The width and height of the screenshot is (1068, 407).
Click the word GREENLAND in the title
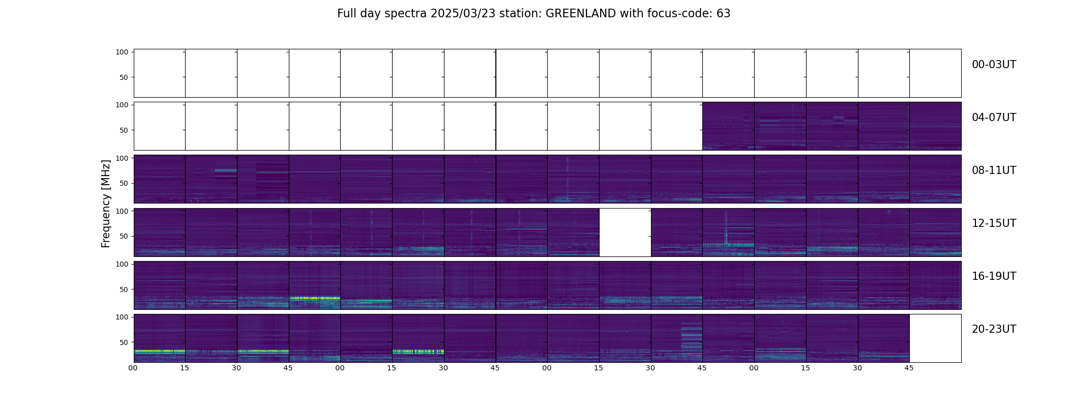point(580,14)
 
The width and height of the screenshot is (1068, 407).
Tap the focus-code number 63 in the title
point(723,14)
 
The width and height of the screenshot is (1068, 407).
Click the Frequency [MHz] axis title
point(106,203)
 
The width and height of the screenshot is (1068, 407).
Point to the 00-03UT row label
point(994,65)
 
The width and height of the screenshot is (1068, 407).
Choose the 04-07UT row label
point(994,118)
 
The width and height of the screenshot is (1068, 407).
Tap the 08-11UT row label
point(994,170)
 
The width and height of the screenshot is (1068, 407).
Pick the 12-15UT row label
point(994,223)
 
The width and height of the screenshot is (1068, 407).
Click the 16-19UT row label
point(994,276)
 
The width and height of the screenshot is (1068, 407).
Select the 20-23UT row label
point(994,329)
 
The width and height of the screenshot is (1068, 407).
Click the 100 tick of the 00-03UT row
point(122,52)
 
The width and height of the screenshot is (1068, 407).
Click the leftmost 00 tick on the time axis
point(133,368)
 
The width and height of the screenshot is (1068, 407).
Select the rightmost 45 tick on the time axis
point(909,368)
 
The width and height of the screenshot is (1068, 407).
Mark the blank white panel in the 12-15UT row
point(625,232)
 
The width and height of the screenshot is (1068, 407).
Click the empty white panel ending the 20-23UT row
point(935,338)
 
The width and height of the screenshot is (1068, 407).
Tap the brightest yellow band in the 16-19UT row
point(314,298)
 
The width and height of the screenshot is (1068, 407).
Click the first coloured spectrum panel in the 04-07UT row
point(728,126)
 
